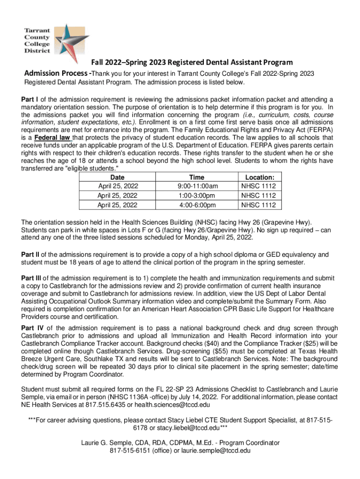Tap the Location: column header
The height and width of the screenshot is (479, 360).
[260, 177]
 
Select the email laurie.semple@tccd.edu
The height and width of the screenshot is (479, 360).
[212, 450]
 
